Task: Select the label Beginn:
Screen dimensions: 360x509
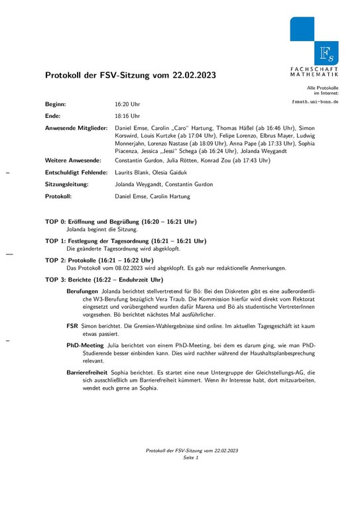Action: [56, 105]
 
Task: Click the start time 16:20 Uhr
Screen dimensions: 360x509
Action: [127, 105]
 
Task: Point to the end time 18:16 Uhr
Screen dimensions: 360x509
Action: [127, 116]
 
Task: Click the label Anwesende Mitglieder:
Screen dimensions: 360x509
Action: [76, 127]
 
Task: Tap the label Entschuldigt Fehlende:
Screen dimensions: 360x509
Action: [76, 172]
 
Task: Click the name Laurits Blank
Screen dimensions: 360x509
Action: [133, 172]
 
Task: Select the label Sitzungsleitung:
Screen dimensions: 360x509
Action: [68, 184]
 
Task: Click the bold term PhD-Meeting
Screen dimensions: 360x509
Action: [86, 345]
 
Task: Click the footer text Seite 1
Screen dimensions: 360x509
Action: [192, 458]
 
